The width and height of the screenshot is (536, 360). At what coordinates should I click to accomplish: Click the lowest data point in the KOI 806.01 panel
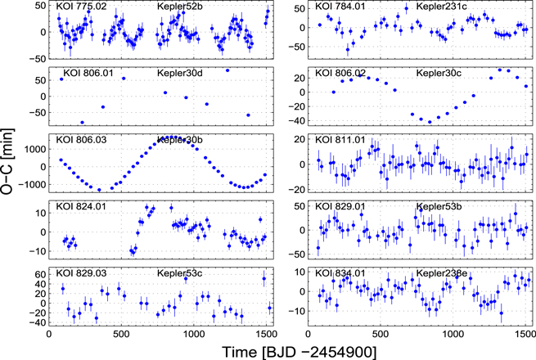click(82, 122)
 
